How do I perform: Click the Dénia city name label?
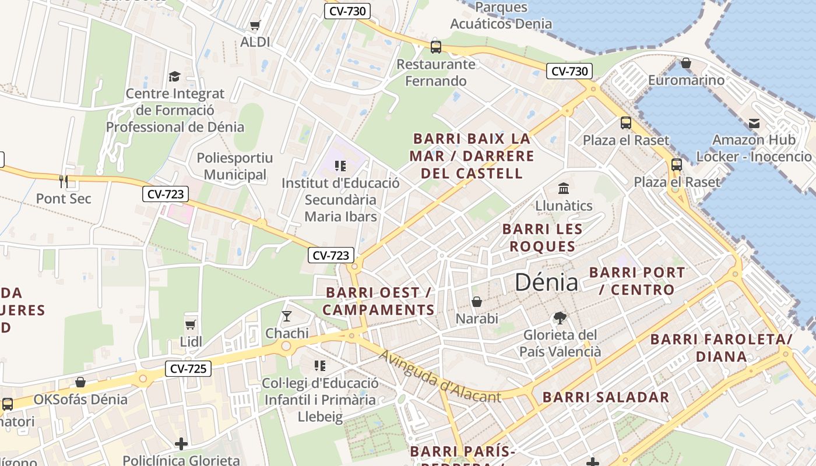pos(546,283)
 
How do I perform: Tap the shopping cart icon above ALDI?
pos(255,25)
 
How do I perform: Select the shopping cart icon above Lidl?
pos(190,324)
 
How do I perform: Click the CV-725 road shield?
pos(188,368)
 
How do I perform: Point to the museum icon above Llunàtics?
pos(564,188)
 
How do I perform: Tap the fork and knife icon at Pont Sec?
pos(64,181)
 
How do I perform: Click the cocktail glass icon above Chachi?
pos(286,316)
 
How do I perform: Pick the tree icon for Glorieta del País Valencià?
pos(560,318)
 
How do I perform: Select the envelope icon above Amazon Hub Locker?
pos(754,123)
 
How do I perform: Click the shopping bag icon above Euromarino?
pos(686,63)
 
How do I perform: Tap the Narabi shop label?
pos(477,319)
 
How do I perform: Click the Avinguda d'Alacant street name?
pos(439,376)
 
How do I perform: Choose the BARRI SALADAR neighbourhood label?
pos(606,397)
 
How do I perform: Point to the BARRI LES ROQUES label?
pos(542,238)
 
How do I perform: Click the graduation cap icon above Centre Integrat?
pos(174,76)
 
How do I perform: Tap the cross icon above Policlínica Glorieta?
pos(181,444)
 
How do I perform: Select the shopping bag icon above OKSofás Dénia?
pos(80,382)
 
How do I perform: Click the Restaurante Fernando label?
pos(436,72)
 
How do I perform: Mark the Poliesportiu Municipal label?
pos(235,166)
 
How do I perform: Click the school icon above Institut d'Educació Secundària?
pos(340,166)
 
